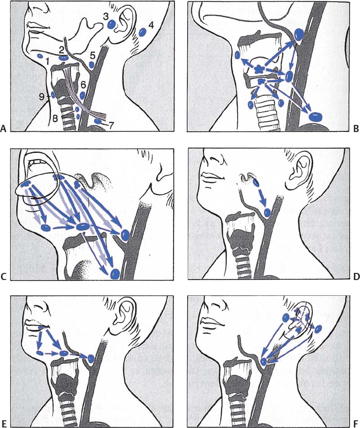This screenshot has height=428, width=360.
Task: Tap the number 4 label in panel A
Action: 151,25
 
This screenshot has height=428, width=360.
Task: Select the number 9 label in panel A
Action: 41,97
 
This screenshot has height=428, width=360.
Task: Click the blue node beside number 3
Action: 111,25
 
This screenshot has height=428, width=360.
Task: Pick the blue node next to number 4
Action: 142,32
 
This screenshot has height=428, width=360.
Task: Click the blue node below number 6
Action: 82,96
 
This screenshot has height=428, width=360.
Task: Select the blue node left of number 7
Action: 98,121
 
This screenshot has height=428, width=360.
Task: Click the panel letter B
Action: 356,129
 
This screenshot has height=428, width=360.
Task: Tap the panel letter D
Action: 356,277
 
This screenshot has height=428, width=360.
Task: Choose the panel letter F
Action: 356,424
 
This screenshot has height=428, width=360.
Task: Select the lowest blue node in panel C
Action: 115,274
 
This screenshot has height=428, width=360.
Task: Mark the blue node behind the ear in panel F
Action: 318,329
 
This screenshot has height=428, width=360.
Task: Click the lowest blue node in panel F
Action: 263,362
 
